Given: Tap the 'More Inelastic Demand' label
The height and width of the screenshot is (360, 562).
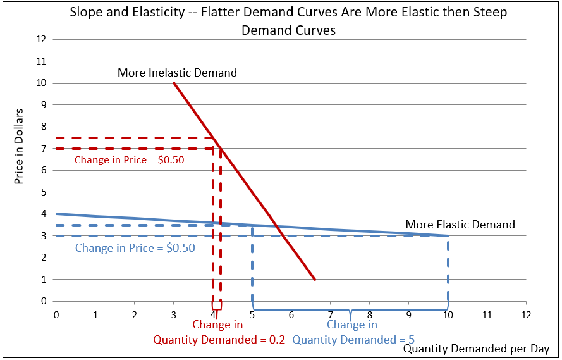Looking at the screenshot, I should pos(177,73).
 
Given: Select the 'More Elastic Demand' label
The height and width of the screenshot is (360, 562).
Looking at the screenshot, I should pos(460,225).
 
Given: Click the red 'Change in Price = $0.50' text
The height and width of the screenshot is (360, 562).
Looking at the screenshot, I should pos(129,160).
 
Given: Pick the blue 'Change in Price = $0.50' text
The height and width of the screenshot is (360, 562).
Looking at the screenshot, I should pos(135,248).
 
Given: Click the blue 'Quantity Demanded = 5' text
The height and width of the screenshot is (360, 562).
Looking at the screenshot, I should pos(353,339).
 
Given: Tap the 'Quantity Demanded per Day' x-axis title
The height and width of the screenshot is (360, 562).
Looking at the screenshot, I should pos(476,349).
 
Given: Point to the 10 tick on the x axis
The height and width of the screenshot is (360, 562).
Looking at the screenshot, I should pos(448,314).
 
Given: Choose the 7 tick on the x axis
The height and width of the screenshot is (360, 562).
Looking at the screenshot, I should pos(330,314).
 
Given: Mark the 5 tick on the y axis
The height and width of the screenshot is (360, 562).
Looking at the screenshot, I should pos(44,192).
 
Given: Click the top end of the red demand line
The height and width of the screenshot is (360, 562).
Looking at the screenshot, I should pos(173,83).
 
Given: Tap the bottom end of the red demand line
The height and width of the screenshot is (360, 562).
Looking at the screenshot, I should pos(315,279).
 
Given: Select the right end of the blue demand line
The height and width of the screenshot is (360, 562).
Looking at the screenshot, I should pos(448,235).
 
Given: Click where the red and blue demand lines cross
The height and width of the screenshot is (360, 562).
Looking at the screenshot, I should pos(276,226).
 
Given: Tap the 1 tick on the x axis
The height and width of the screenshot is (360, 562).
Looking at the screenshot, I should pos(95,314).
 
